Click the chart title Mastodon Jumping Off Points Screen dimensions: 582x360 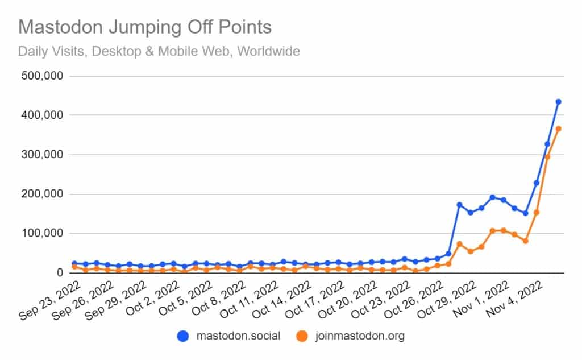coord(145,27)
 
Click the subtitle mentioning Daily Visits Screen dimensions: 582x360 coord(159,51)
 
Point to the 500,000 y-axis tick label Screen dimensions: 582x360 coord(42,76)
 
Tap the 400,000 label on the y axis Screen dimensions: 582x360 coord(42,115)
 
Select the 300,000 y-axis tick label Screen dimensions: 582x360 coord(42,155)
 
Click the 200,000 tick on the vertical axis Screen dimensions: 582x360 coord(42,194)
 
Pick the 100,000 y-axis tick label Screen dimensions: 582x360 coord(42,233)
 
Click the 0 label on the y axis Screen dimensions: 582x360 coord(60,272)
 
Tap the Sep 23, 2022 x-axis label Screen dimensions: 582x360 coord(50,300)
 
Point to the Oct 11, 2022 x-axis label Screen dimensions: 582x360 coord(250,299)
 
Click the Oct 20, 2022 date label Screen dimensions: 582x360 coord(348,299)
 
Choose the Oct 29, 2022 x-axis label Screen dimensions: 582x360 coord(447,299)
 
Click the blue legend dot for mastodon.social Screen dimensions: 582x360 coord(183,336)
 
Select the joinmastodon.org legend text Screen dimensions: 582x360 coord(360,336)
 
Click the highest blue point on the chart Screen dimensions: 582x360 coord(558,101)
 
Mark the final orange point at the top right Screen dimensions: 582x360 coord(558,129)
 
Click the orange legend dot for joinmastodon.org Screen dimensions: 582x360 coord(302,336)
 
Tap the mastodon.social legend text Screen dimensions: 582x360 coord(238,336)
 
